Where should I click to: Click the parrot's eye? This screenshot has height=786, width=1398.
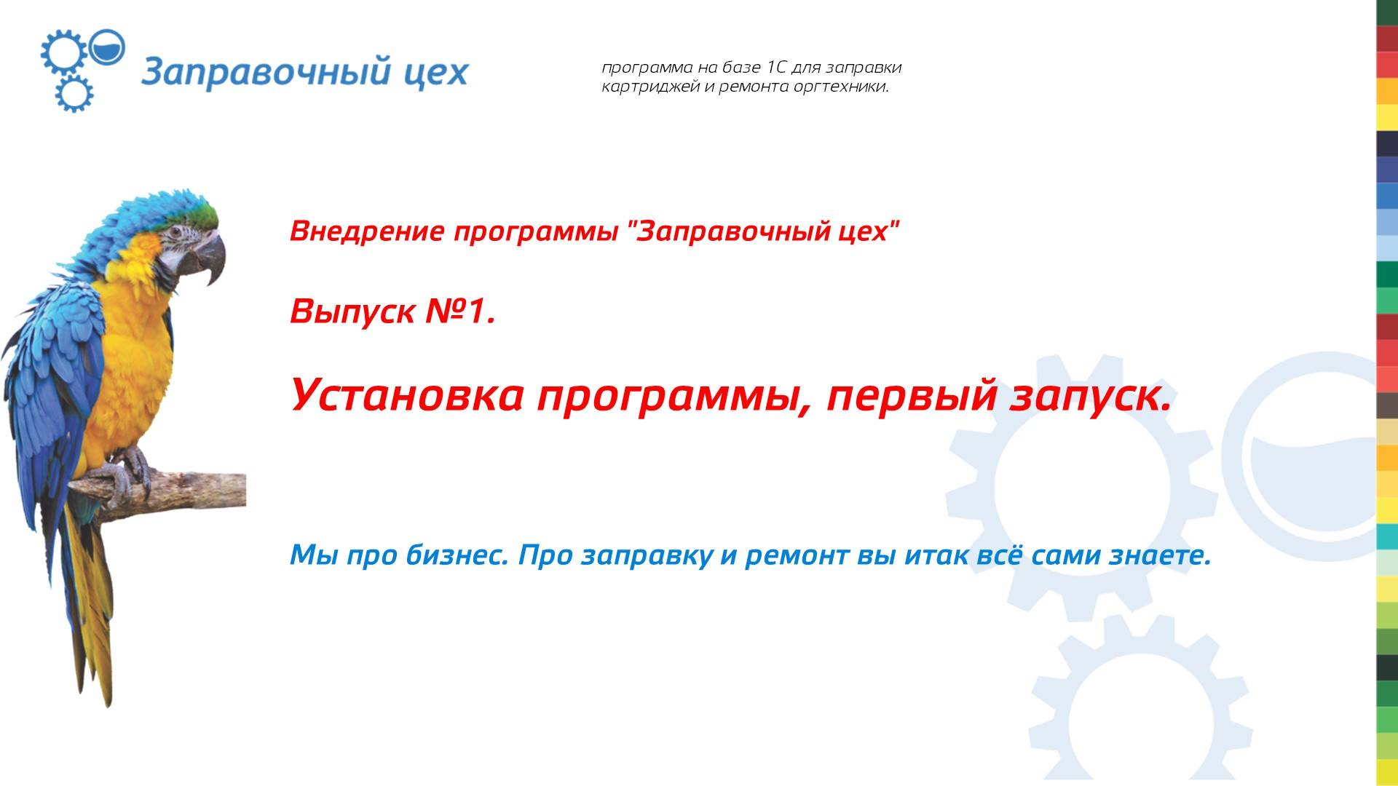pos(177,233)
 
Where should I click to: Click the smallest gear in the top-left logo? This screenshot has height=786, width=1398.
pos(74,93)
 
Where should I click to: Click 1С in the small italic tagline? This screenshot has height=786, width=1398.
pos(777,68)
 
